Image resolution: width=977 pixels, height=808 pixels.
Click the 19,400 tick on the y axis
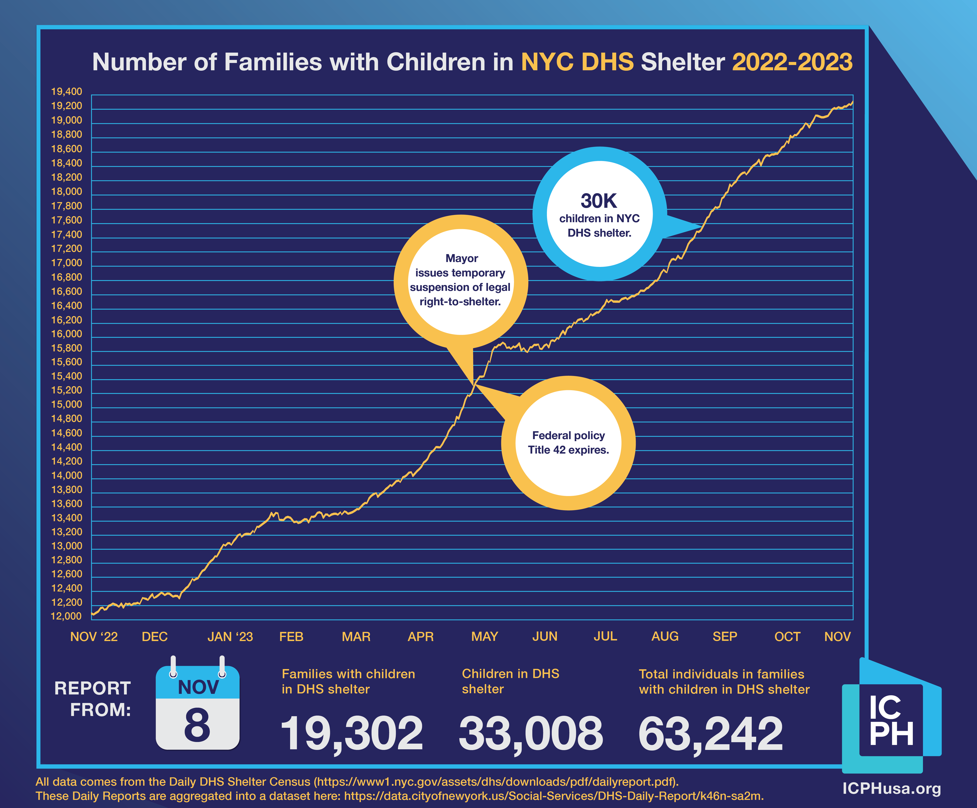tap(66, 92)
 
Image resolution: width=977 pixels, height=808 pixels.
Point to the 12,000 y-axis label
tap(66, 616)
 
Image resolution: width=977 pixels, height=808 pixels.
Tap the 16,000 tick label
tap(66, 334)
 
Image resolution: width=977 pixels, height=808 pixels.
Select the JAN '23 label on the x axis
tap(230, 636)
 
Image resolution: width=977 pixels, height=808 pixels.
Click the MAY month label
tap(484, 636)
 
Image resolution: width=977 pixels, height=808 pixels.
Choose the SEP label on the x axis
tap(724, 636)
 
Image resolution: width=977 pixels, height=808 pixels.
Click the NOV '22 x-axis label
tap(94, 636)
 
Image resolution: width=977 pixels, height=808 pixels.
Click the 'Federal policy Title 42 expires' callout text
tap(568, 442)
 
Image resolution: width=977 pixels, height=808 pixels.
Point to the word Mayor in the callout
tap(462, 258)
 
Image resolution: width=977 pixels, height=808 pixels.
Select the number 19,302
tap(352, 734)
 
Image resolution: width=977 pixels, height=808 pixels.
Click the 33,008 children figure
tap(531, 734)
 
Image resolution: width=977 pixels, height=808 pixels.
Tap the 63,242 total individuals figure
tap(710, 734)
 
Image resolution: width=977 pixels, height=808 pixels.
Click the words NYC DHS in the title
tap(577, 62)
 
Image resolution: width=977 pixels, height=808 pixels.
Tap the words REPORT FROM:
tap(93, 699)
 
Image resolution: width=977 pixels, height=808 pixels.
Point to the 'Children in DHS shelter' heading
tap(510, 681)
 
